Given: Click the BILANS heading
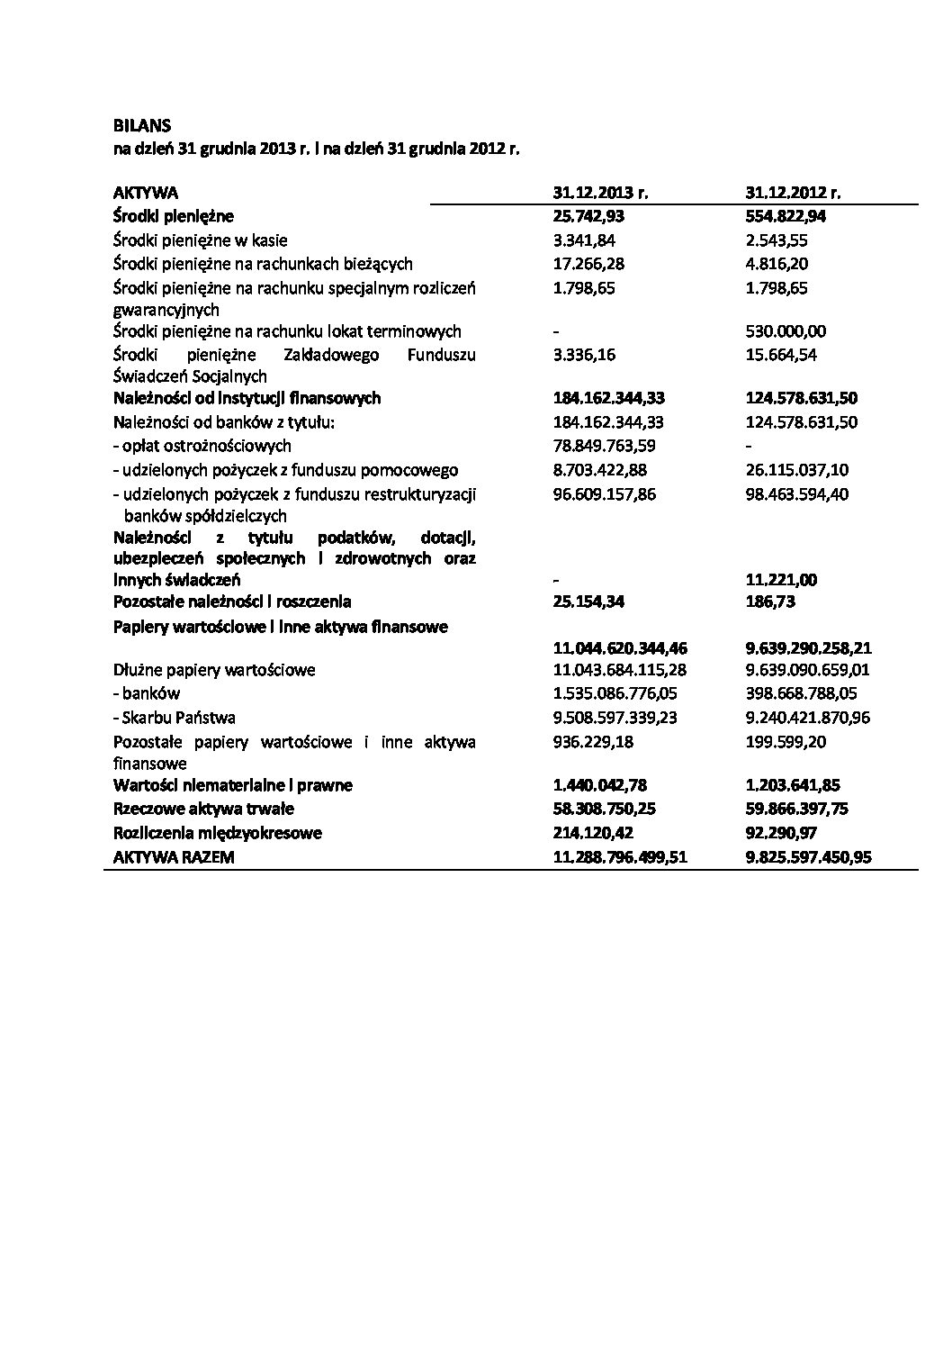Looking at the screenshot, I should tap(142, 126).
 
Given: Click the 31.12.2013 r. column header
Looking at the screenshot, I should tap(600, 193).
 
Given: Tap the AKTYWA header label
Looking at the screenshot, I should tap(146, 193).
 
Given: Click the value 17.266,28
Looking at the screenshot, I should tap(588, 264).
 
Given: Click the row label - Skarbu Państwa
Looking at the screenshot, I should tap(175, 718).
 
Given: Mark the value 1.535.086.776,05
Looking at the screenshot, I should tap(615, 693).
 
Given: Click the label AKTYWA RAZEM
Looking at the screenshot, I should tap(174, 857).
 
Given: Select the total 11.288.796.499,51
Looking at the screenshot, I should tap(620, 857).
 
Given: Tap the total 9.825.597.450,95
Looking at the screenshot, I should tap(808, 857).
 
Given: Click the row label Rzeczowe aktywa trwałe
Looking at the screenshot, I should tap(203, 809).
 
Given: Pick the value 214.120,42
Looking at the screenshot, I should tap(596, 833).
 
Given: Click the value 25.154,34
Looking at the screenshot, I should tap(588, 602).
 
